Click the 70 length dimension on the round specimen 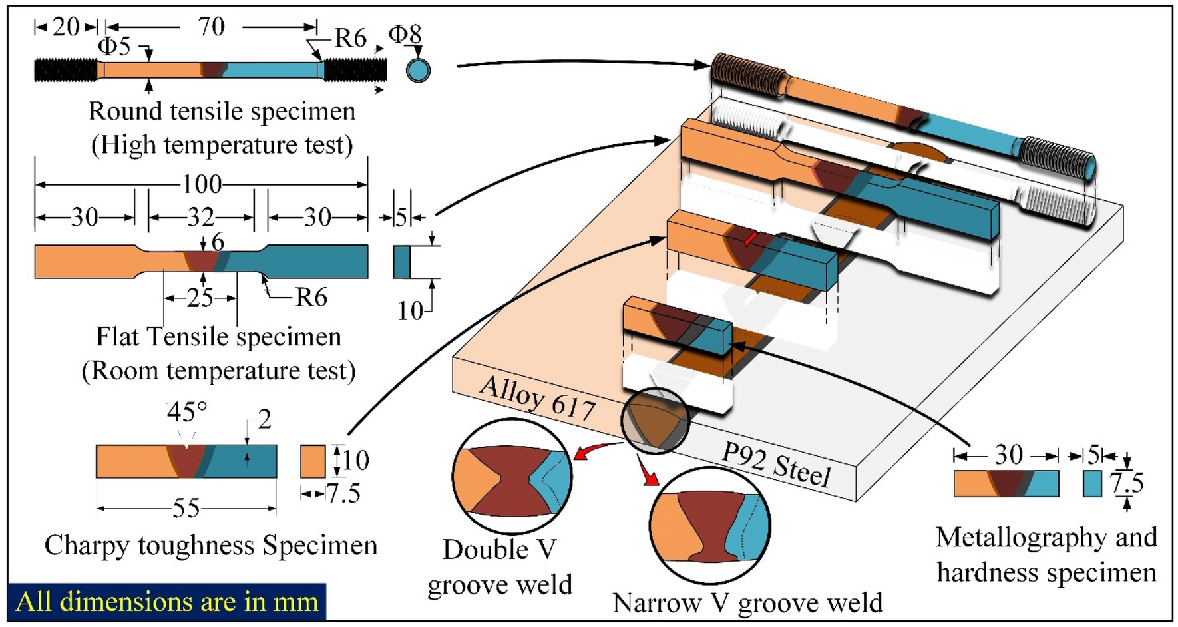point(211,27)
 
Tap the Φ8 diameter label point(405,34)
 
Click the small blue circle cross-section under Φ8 point(418,70)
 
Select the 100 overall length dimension point(202,183)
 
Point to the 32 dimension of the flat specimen point(200,217)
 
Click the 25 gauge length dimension point(200,298)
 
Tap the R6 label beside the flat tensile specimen point(311,298)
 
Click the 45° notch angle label point(186,412)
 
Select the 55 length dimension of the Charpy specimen point(186,509)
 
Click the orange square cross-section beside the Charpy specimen point(313,461)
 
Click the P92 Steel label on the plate point(776,464)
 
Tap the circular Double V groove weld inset point(511,477)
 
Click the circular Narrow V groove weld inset point(709,526)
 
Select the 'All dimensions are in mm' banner point(167,602)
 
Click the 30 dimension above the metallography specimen point(1008,455)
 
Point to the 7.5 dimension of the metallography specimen point(1126,483)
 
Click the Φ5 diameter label point(114,47)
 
